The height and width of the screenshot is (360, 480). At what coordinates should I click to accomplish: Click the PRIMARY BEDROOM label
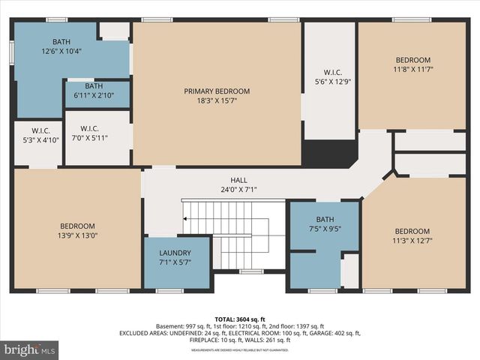pos(217,91)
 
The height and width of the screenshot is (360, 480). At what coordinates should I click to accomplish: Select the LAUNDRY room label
pos(175,253)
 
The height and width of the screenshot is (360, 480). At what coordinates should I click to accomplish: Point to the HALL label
pos(238,179)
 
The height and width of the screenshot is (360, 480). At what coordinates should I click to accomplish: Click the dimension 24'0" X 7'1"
pos(238,190)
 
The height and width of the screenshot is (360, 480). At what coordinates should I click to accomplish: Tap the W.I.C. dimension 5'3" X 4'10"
pos(30,140)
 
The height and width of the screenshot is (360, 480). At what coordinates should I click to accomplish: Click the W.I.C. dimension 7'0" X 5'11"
pos(89,138)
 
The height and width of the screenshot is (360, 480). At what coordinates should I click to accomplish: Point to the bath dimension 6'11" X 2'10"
pos(94,96)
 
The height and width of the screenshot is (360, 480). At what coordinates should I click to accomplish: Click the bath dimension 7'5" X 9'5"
pos(324,229)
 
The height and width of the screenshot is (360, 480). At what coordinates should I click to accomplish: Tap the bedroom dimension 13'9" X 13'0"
pos(78,236)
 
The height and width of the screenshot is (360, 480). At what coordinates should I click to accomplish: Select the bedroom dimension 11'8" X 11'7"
pos(413,70)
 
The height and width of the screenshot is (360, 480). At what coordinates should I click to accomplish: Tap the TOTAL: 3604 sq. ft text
pos(239,319)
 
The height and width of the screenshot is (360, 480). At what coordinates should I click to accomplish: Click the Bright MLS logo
pos(30,349)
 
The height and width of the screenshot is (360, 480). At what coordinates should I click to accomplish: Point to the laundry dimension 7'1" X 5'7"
pos(175,263)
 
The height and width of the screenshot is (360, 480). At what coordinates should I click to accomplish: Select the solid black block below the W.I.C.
pos(329,153)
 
